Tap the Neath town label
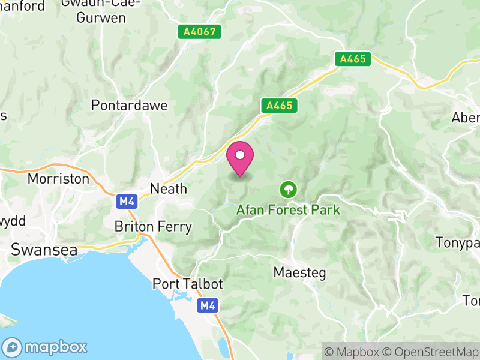(x=169, y=188)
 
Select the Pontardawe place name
(x=129, y=105)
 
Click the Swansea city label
(x=44, y=250)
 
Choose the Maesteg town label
(x=299, y=272)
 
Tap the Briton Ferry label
(x=153, y=227)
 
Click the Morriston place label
(x=58, y=179)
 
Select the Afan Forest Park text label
(x=288, y=210)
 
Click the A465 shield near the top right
(x=353, y=59)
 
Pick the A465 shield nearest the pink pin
(x=280, y=106)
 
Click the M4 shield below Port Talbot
(x=208, y=306)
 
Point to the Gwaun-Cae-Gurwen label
(x=101, y=11)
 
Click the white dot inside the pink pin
(x=240, y=155)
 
